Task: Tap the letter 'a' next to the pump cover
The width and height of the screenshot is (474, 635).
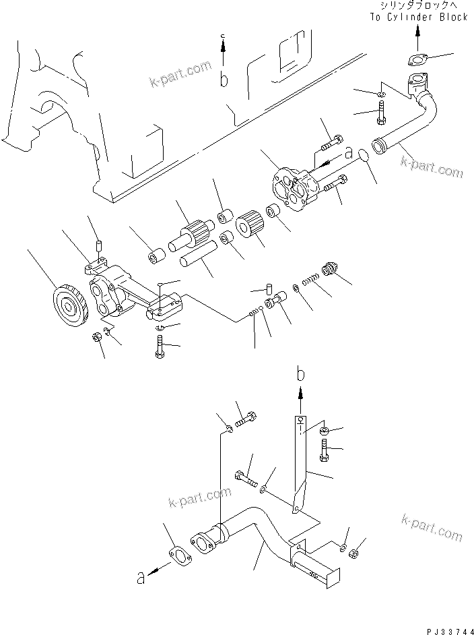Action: click(x=348, y=153)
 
